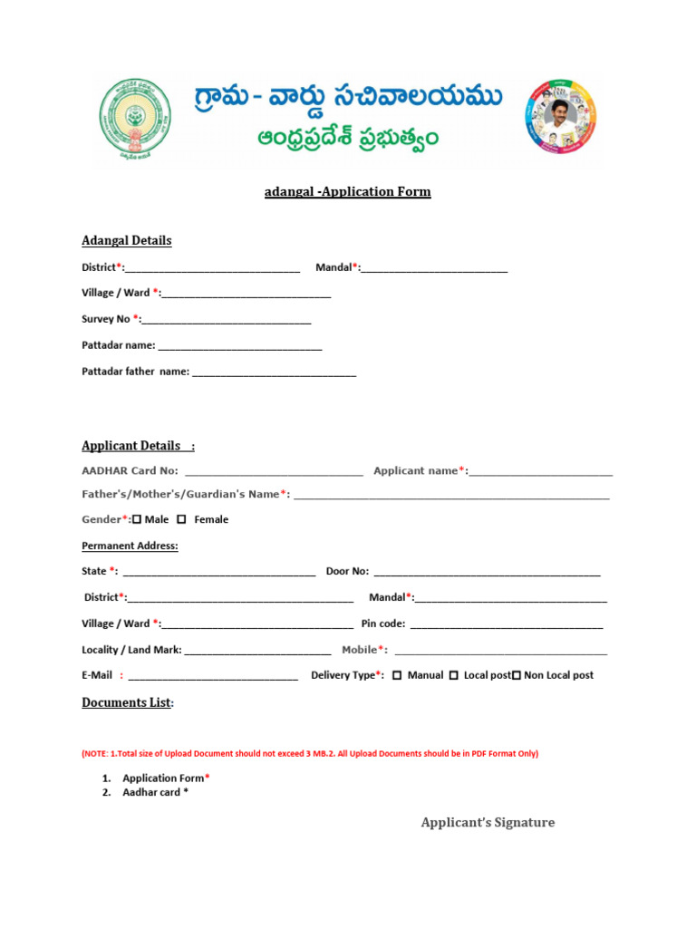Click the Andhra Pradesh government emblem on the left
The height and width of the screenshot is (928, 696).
pos(135,118)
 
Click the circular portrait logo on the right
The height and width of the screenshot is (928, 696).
pos(559,118)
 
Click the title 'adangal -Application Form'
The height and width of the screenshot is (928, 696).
pos(348,191)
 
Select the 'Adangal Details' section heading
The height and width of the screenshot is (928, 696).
pos(126,240)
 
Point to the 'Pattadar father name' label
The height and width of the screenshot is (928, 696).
pos(135,372)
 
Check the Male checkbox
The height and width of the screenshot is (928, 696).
pos(137,519)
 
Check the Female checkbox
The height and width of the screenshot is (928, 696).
pos(181,519)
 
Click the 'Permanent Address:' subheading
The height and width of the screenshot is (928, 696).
pos(130,546)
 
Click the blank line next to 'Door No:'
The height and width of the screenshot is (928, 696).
pos(487,573)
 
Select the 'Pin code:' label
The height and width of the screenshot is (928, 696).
pos(383,623)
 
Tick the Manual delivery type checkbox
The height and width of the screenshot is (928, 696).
pos(397,675)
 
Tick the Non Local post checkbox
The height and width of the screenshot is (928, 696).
pos(517,675)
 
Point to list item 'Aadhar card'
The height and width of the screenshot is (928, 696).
pos(155,792)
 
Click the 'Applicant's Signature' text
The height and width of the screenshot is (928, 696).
pos(488,822)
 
